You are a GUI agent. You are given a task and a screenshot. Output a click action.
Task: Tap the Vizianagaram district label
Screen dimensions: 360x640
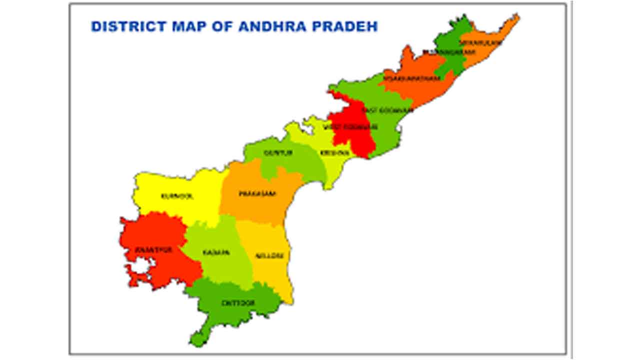pos(443,52)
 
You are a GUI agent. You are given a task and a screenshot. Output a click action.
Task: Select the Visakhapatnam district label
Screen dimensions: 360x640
pos(412,78)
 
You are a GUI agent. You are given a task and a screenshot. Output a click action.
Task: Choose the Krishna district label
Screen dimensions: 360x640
pos(330,152)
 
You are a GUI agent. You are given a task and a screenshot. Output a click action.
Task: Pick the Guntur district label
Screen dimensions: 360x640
pos(278,152)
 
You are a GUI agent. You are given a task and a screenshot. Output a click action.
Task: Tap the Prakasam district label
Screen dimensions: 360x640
pos(257,193)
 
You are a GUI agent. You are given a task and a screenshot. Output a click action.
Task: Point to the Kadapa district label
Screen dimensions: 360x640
pos(216,253)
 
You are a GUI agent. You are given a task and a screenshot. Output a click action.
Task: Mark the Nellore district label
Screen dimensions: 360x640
pos(269,255)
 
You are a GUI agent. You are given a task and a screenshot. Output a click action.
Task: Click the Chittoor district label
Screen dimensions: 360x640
pos(238,303)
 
